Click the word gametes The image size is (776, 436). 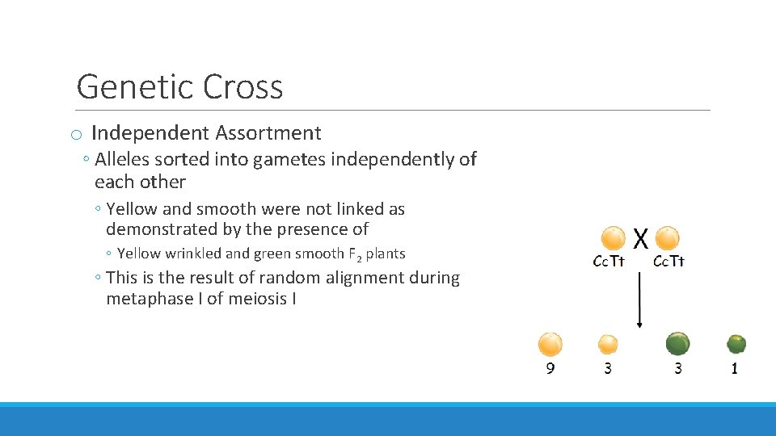[x=287, y=160]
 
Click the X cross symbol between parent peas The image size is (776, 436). [x=641, y=237]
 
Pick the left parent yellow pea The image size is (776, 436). [x=614, y=238]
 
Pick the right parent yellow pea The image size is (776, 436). [x=668, y=238]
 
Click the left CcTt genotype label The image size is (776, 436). [x=609, y=261]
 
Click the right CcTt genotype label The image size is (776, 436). [x=668, y=261]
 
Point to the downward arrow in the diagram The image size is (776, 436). [x=640, y=299]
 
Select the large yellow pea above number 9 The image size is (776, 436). [x=550, y=344]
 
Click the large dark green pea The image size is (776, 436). [x=678, y=344]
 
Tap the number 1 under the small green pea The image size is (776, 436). [x=734, y=368]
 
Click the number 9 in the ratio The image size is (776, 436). [x=550, y=368]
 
